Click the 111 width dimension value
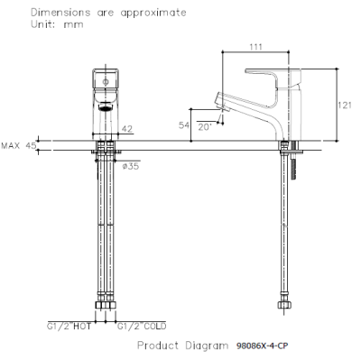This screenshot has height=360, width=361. [x=255, y=47]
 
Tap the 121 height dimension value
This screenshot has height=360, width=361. [x=344, y=106]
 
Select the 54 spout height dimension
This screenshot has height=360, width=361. [x=184, y=125]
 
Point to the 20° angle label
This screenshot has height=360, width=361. [x=205, y=127]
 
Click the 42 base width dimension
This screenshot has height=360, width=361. [x=126, y=129]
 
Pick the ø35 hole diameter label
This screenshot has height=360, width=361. [x=131, y=166]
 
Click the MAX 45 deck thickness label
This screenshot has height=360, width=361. [x=19, y=145]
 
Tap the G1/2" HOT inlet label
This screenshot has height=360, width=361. [x=69, y=327]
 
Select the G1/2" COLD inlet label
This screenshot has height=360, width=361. [x=142, y=327]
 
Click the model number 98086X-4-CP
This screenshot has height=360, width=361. [x=262, y=346]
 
